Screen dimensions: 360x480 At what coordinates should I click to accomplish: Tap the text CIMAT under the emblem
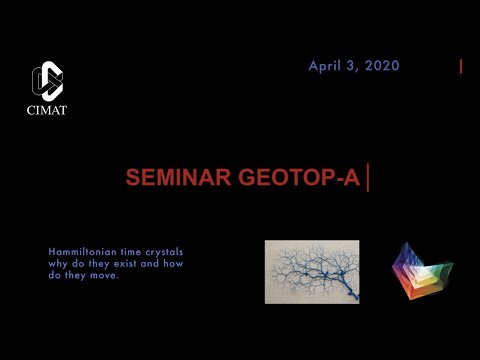click(47, 110)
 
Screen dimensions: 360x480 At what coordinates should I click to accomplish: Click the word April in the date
click(325, 66)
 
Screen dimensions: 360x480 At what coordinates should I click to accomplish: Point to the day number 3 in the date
click(351, 66)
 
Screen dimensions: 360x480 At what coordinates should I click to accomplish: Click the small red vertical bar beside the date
click(461, 67)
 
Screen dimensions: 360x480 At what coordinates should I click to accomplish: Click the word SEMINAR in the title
click(176, 178)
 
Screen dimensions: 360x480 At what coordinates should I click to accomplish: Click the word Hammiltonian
click(74, 250)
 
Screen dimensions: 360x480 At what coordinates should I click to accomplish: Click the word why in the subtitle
click(58, 263)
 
